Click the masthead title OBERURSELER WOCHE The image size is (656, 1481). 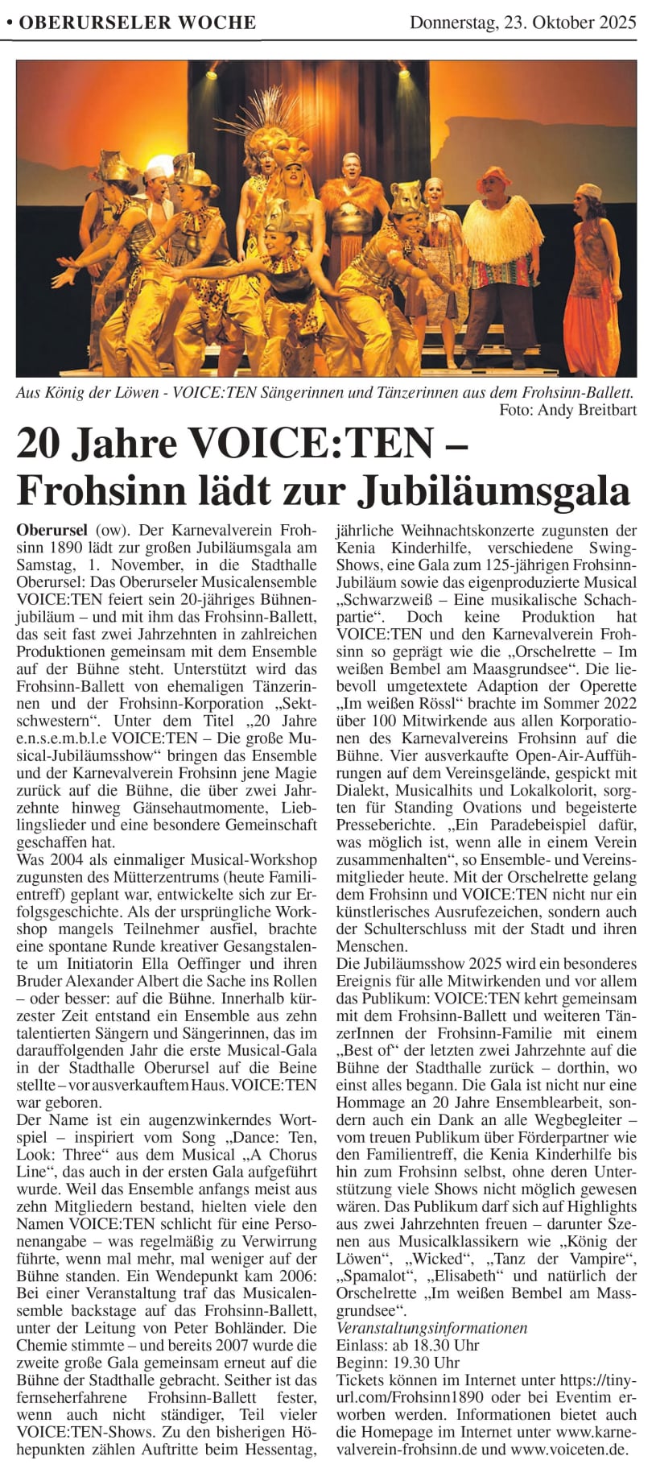[137, 23]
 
